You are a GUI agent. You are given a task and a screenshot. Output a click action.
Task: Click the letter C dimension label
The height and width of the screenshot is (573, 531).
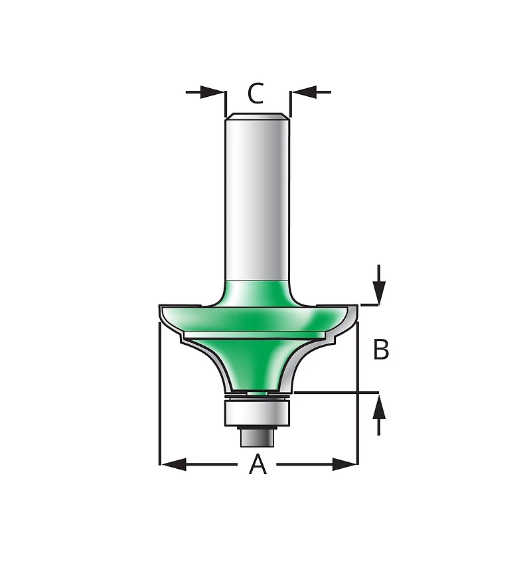(x=256, y=94)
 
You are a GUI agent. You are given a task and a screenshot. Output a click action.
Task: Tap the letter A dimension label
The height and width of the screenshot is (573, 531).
(x=258, y=464)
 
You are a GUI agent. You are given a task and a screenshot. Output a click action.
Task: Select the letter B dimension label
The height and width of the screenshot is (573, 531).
(x=381, y=350)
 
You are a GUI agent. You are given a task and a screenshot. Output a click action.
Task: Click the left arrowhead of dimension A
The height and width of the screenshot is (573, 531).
(x=174, y=464)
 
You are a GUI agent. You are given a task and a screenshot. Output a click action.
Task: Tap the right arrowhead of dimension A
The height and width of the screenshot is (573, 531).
(x=344, y=464)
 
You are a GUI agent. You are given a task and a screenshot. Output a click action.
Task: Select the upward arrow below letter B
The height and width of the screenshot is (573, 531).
(x=379, y=414)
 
